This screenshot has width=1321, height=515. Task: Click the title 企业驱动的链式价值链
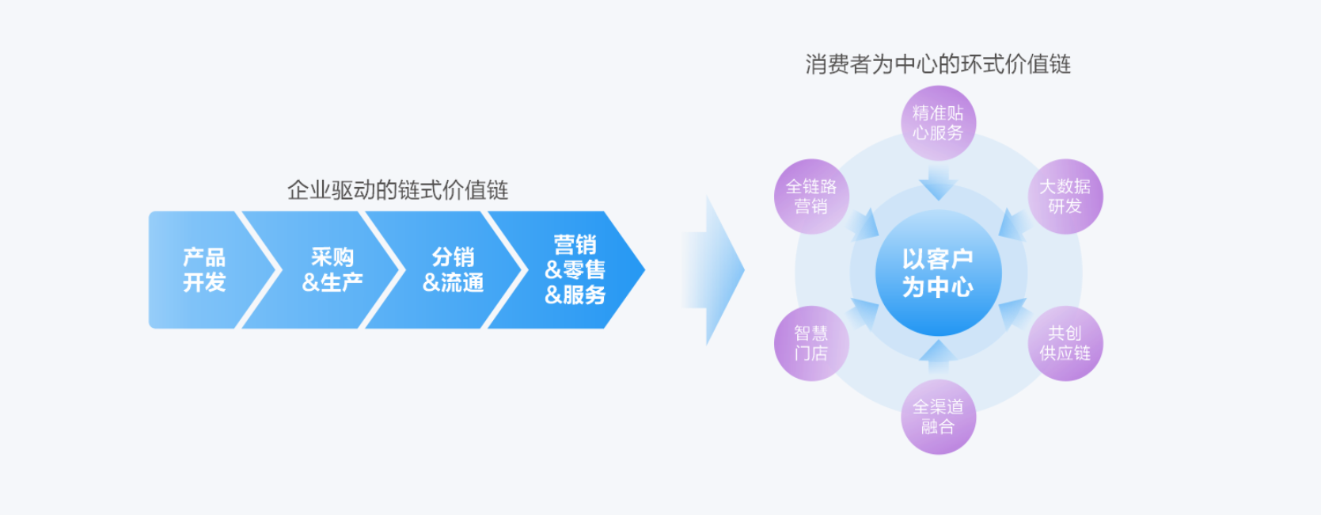(x=397, y=190)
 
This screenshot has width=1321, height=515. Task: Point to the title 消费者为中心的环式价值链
(x=938, y=64)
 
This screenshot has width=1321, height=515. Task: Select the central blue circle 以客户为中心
(x=938, y=273)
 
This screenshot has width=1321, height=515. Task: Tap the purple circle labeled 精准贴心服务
(x=938, y=123)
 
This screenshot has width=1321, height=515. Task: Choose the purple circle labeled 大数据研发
(x=1065, y=196)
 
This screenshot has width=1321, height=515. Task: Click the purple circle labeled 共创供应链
(x=1065, y=343)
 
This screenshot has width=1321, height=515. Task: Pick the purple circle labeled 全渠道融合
(x=938, y=417)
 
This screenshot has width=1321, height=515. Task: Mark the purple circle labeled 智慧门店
(x=811, y=343)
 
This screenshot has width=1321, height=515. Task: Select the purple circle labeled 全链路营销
(x=811, y=196)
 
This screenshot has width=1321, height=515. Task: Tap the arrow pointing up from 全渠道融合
(x=938, y=357)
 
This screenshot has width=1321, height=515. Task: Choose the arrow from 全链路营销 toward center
(x=864, y=225)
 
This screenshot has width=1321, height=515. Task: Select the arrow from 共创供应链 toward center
(x=1012, y=314)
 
